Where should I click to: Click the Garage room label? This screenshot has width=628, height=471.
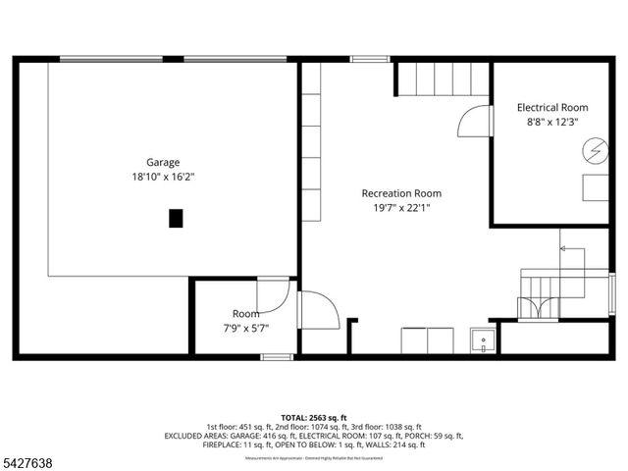163,162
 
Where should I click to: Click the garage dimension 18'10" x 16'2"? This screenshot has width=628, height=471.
163,178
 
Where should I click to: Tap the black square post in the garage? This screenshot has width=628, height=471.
176,218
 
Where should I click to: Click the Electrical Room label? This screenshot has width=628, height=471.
552,107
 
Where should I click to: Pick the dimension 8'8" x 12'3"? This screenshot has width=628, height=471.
552,123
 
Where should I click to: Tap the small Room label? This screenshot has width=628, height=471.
246,314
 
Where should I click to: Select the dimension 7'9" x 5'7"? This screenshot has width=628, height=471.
246,329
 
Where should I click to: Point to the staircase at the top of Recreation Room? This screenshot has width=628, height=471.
442,78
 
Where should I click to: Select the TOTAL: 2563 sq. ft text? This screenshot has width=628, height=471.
314,417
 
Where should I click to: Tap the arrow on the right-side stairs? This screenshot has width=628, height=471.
565,249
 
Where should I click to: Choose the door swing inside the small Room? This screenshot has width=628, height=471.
274,295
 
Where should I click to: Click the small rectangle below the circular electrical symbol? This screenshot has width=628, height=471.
596,187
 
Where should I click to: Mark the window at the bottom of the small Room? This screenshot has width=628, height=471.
276,356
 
